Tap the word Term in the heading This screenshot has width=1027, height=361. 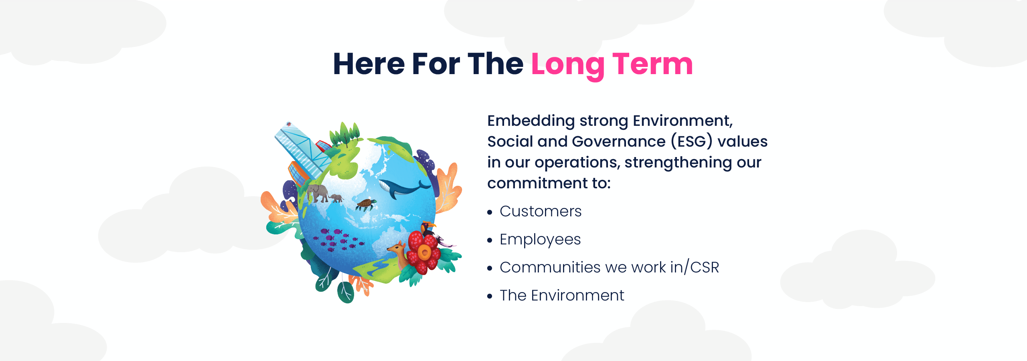click(x=652, y=64)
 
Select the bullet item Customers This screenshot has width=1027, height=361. click(x=540, y=211)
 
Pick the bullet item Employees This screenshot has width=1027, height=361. click(x=540, y=240)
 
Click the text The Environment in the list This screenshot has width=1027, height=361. click(x=561, y=295)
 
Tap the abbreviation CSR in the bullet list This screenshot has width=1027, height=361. click(x=705, y=267)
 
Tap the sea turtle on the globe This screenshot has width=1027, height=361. click(x=366, y=205)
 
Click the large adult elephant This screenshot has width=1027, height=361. click(x=318, y=193)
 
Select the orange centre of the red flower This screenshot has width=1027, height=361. click(x=424, y=252)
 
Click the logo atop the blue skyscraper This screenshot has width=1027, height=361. click(x=288, y=125)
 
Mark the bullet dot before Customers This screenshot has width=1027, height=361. click(x=490, y=212)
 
